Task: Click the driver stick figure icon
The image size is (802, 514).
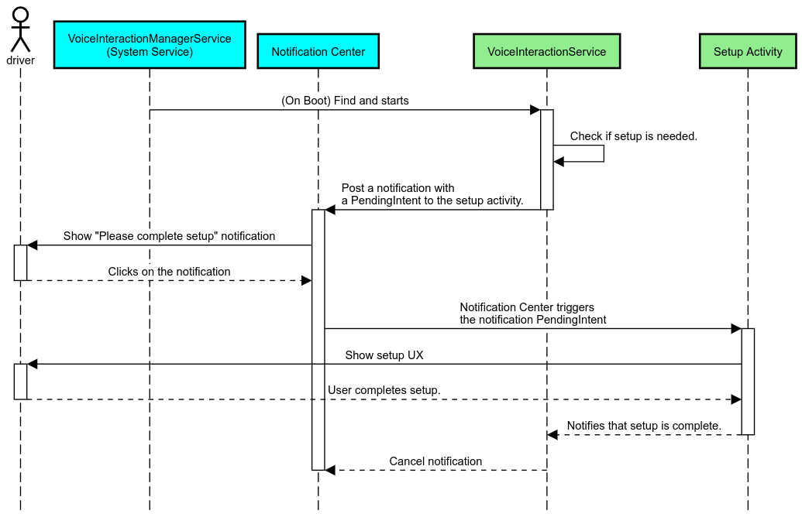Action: coord(20,29)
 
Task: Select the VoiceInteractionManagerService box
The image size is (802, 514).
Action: coord(150,46)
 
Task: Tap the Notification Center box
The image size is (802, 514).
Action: coord(318,52)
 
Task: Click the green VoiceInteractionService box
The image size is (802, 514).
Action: coord(546,52)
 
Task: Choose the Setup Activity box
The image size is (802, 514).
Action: coord(748,52)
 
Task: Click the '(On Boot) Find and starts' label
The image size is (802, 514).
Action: coord(345,101)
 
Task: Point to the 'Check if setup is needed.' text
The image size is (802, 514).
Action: coord(633,136)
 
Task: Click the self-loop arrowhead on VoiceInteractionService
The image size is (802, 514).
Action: coord(559,161)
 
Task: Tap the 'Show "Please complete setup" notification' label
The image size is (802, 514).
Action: coord(169,236)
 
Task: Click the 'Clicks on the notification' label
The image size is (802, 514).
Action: coord(169,272)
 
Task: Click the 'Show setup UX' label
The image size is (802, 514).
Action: coord(384,355)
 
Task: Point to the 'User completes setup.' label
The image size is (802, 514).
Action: coord(384,390)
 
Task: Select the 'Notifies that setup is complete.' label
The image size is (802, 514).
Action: coord(643,426)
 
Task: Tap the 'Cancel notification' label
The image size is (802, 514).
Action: coord(435,461)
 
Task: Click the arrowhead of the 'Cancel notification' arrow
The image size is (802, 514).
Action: coord(330,470)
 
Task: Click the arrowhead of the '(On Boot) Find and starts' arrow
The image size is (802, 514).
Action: coord(535,110)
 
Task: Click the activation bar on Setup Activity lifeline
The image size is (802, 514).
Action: coord(748,381)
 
